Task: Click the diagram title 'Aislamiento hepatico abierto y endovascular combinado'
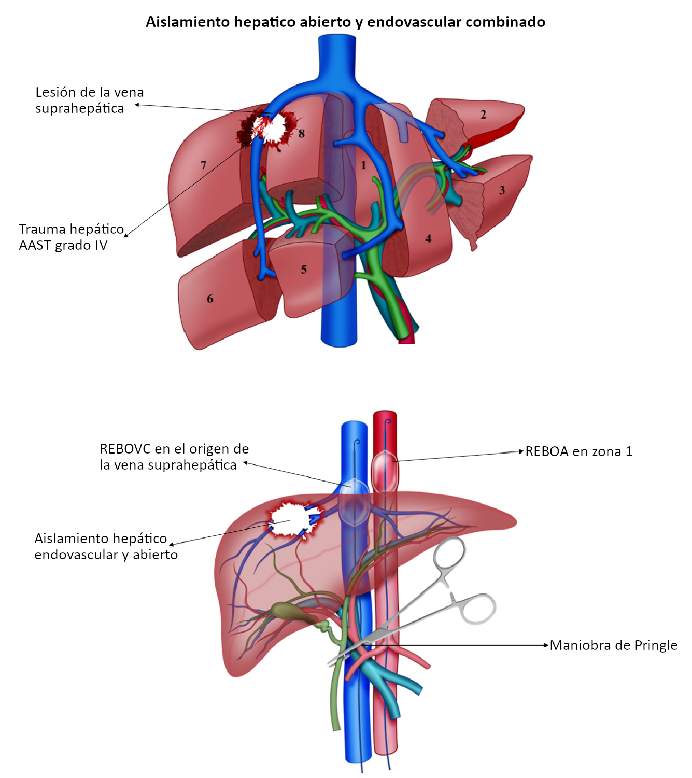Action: point(345,22)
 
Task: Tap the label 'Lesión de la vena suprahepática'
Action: point(89,100)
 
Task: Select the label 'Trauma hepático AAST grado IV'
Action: point(71,237)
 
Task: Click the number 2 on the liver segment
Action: point(483,115)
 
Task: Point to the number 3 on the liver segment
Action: point(502,190)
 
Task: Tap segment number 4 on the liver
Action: point(428,238)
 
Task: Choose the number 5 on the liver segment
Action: point(304,270)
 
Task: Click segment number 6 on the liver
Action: point(210,299)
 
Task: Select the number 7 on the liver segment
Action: point(204,165)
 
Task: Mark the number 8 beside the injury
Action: point(301,134)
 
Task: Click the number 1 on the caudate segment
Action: point(363,165)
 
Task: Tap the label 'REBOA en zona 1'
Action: point(578,451)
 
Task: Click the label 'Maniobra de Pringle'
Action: point(613,645)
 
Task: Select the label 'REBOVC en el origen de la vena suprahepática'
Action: point(174,457)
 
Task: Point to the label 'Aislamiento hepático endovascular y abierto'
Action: point(106,546)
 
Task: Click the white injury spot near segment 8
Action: point(272,127)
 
